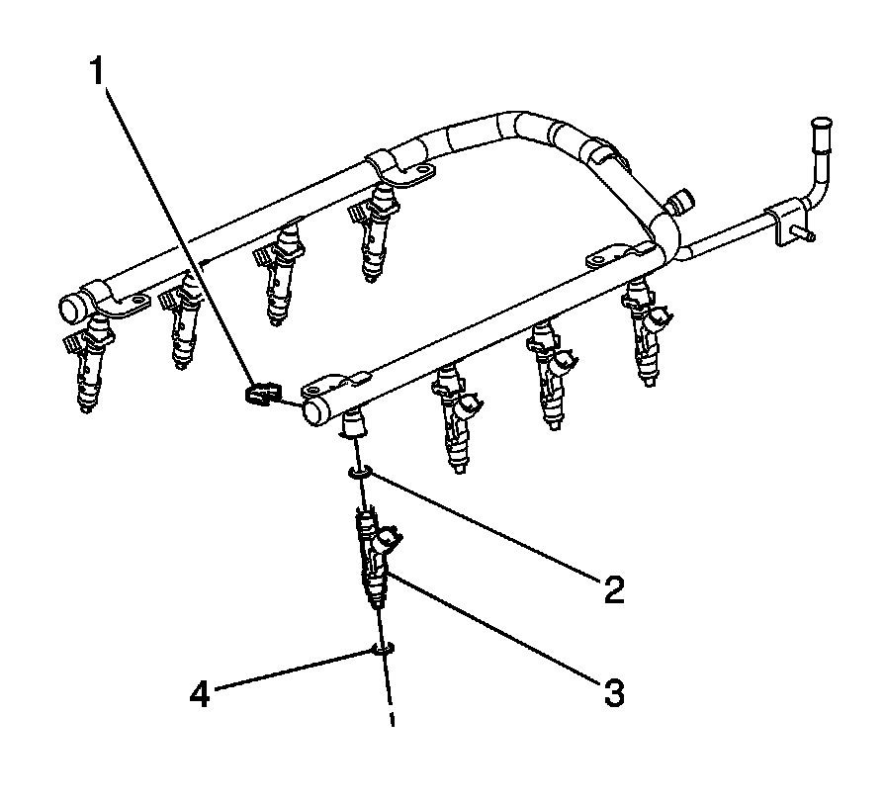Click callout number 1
[97, 71]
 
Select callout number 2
[614, 589]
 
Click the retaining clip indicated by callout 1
[259, 395]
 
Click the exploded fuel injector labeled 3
[374, 559]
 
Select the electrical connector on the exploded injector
[389, 541]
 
